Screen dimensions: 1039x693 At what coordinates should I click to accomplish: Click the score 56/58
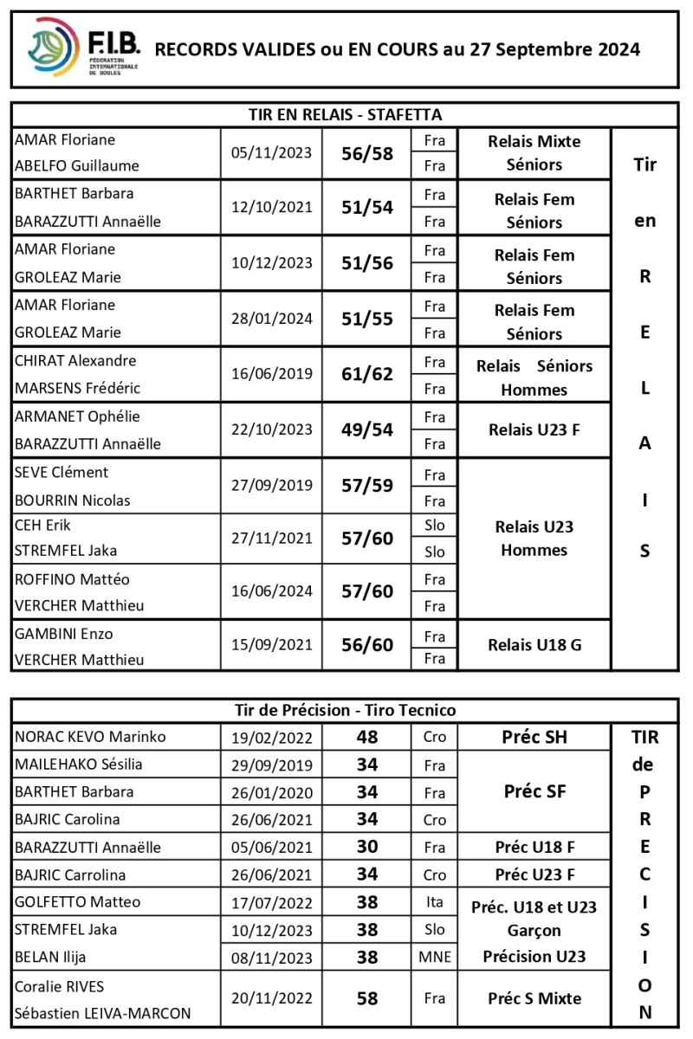point(367,154)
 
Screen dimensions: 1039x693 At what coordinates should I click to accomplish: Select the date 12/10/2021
point(271,208)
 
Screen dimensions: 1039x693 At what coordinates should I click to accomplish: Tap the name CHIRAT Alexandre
point(75,361)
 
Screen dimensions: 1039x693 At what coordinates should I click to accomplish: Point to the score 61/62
point(367,374)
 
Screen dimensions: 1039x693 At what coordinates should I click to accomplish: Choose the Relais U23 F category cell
point(534,430)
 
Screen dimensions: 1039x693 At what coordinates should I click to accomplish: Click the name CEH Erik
point(43,525)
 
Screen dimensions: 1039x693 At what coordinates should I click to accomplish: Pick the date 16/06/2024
point(271,592)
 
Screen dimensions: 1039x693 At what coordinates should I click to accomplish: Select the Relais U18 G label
point(534,645)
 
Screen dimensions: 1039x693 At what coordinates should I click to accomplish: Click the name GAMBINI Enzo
point(64,634)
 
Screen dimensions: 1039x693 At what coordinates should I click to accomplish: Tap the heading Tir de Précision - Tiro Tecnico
point(345,711)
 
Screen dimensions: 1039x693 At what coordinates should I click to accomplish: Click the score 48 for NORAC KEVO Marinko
point(367,738)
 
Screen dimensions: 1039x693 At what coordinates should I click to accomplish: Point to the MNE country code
point(434,957)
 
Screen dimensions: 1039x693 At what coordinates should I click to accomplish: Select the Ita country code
point(434,902)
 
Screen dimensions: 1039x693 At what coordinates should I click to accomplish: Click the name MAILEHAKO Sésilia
point(79,765)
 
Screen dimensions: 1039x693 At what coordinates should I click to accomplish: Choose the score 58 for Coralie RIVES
point(367,998)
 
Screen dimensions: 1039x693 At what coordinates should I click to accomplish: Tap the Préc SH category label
point(534,738)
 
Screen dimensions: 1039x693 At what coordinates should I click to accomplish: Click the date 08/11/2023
point(271,958)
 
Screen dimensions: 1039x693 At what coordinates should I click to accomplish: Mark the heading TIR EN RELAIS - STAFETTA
point(345,115)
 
